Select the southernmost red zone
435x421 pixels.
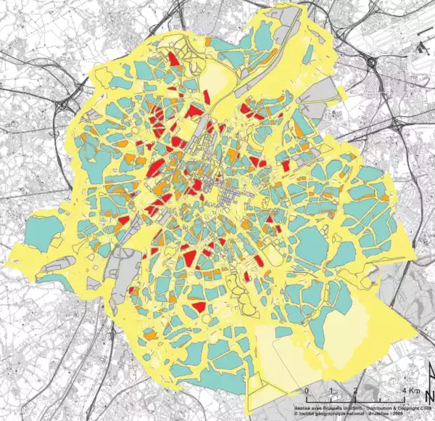[198, 307]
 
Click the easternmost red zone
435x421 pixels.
[286, 165]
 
